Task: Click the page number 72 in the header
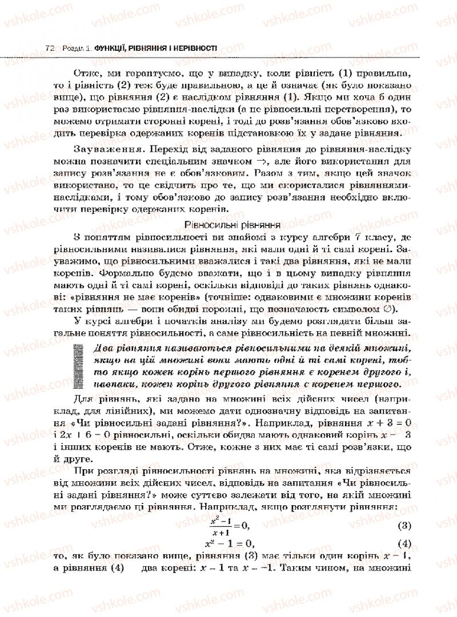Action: (x=49, y=49)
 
